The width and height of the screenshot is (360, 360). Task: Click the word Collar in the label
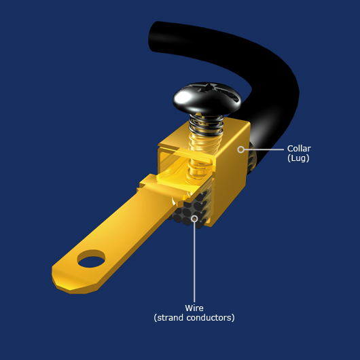coord(299,149)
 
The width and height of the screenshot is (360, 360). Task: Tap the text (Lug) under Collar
coord(298,158)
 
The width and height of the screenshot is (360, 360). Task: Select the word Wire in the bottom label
coord(194,308)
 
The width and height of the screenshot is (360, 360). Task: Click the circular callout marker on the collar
coord(240,149)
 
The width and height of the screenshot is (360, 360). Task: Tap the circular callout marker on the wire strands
coord(194,219)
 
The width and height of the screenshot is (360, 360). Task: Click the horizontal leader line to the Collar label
coord(264,149)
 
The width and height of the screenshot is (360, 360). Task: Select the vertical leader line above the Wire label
coord(194,262)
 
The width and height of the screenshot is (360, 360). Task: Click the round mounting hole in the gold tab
coord(91,259)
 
